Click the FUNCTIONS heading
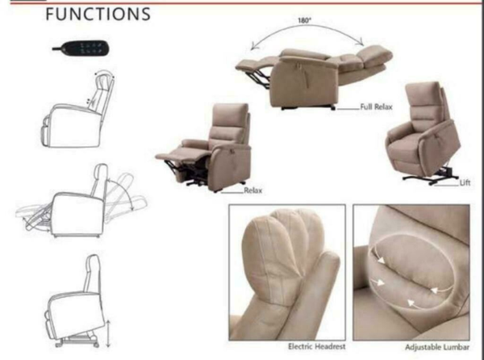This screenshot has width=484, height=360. [98, 15]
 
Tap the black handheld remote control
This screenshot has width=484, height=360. [81, 48]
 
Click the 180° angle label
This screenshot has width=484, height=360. [304, 21]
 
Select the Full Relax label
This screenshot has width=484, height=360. [376, 107]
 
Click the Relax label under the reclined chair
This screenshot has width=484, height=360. [252, 190]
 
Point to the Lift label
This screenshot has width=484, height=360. [465, 182]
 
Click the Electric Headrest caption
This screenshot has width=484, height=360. [317, 346]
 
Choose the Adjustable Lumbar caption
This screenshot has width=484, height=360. [437, 347]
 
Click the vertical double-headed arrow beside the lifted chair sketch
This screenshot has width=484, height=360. [108, 333]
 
